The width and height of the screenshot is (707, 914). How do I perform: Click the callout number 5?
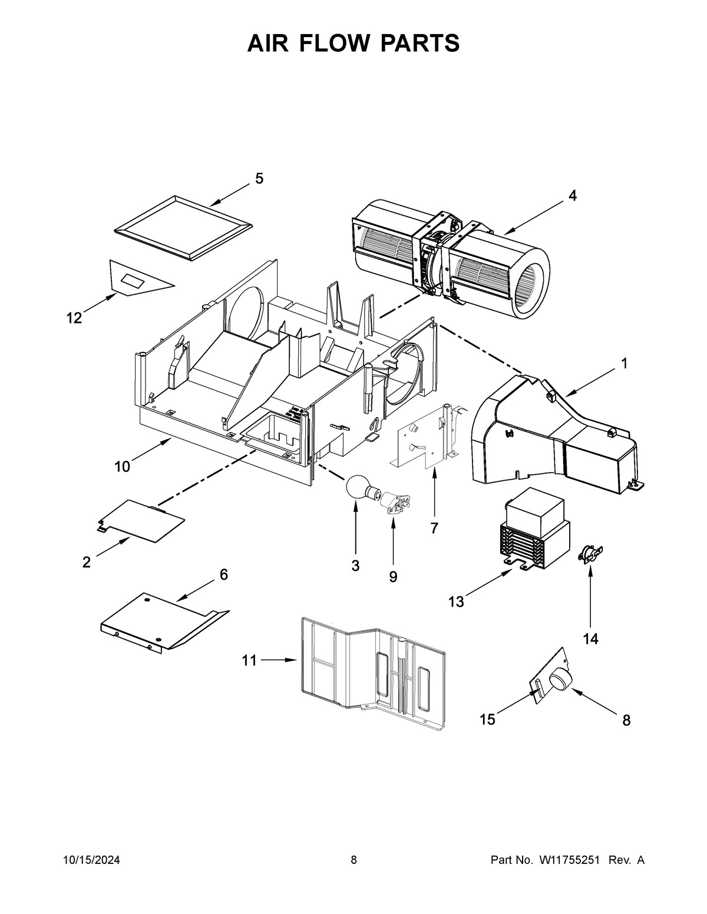pos(259,179)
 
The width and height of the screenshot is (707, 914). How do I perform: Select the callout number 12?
pos(74,318)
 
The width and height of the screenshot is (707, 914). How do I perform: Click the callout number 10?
pos(122,467)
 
